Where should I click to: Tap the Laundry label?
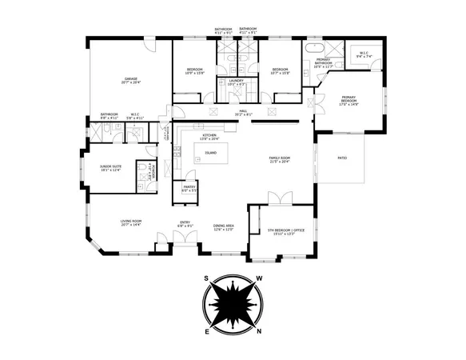236,82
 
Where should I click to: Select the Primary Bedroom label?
349,99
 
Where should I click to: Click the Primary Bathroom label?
323,62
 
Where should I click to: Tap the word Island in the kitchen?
210,151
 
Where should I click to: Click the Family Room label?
279,159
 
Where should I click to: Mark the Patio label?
341,158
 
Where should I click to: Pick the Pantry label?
189,189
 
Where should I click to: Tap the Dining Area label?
223,227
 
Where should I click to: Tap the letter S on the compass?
206,279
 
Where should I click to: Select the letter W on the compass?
258,279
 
